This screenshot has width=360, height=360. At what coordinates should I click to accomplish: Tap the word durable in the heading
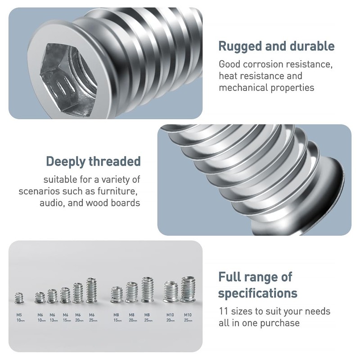(x=311, y=46)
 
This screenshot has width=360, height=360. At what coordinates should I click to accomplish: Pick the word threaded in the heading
(x=117, y=161)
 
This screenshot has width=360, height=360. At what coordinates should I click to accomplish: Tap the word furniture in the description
(x=116, y=191)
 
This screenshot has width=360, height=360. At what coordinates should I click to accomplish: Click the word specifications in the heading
(x=257, y=293)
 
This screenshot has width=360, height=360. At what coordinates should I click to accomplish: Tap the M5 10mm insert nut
(x=19, y=297)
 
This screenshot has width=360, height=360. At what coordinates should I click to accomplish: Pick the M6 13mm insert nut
(x=52, y=296)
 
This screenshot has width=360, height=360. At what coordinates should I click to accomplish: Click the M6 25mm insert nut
(x=91, y=290)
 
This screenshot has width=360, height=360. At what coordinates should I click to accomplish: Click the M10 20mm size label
(x=170, y=317)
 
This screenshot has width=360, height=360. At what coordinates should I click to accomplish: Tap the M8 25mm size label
(x=147, y=317)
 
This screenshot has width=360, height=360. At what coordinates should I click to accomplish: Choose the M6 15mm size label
(x=65, y=317)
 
